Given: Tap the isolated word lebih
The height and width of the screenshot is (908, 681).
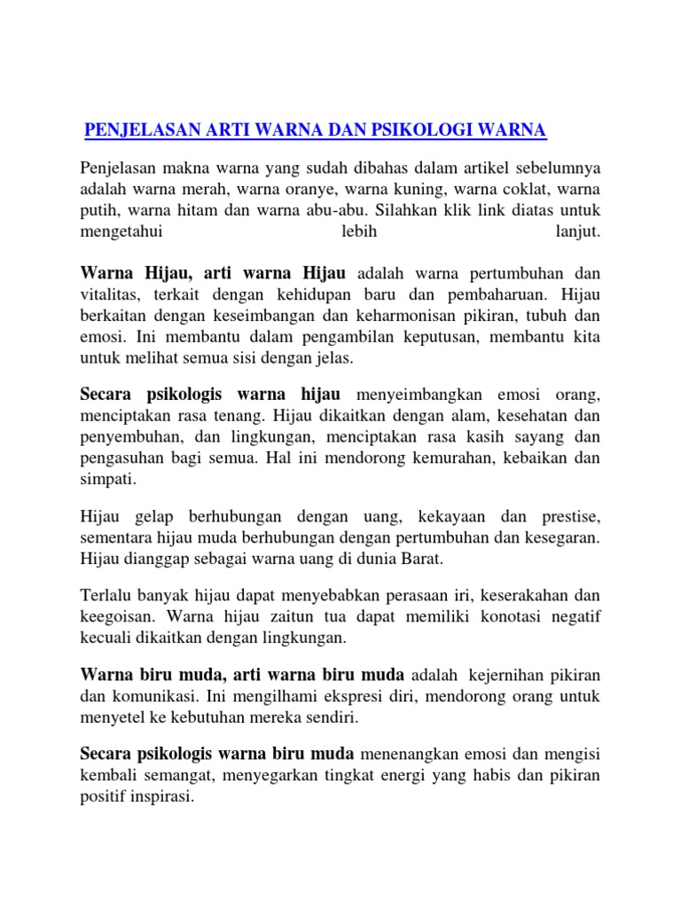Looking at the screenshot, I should [340, 232].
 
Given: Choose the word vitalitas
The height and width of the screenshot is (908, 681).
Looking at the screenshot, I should [110, 294].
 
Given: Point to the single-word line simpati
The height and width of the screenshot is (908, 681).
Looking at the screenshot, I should [108, 480].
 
